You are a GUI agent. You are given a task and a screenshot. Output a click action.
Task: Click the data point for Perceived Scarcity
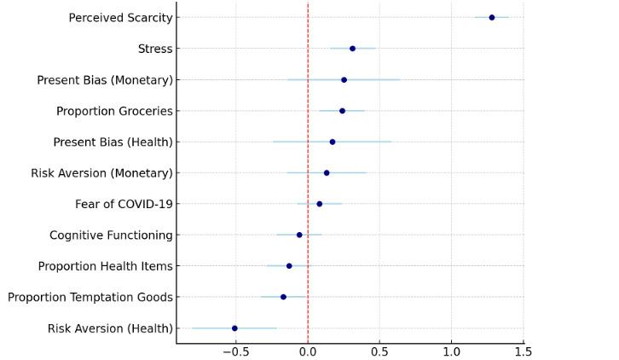point(491,17)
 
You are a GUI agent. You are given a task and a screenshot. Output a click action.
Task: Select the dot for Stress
point(352,49)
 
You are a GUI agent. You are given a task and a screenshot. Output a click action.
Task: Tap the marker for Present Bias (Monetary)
point(344,79)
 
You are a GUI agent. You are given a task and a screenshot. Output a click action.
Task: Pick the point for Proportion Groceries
point(342,111)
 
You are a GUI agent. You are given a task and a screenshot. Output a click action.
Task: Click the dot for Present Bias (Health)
point(333,142)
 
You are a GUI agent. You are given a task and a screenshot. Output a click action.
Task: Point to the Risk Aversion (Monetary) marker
point(327,172)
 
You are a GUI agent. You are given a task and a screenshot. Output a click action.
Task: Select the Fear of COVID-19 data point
point(320,204)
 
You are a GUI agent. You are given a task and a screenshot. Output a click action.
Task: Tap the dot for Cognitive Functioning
point(299,235)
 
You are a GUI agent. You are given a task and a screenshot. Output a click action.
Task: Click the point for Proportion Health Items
point(289,266)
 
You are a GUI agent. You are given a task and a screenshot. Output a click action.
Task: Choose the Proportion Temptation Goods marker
point(283,297)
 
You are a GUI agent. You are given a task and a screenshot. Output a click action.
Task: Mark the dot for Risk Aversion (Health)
point(234,328)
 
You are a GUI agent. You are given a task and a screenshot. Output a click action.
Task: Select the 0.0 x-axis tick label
point(308,351)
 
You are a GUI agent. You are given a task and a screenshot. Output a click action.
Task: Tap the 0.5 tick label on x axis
point(380,351)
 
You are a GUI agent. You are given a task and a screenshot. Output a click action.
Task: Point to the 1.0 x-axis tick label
point(452,351)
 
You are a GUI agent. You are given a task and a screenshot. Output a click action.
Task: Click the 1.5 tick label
point(524,351)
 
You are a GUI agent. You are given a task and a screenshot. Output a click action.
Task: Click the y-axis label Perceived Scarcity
point(120,18)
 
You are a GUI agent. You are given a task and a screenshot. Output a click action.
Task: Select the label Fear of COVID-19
point(124,204)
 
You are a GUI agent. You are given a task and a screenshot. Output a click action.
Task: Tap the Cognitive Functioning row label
point(111,235)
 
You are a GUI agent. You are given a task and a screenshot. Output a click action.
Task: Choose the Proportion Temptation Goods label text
point(90,298)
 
